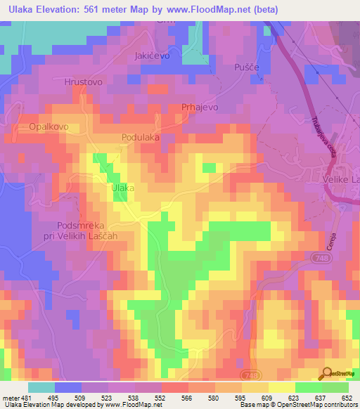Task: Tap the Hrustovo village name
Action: click(84, 82)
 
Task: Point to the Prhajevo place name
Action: click(200, 106)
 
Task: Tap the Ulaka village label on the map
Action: click(123, 188)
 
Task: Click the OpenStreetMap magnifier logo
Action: click(326, 373)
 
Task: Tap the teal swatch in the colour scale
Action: click(41, 387)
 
